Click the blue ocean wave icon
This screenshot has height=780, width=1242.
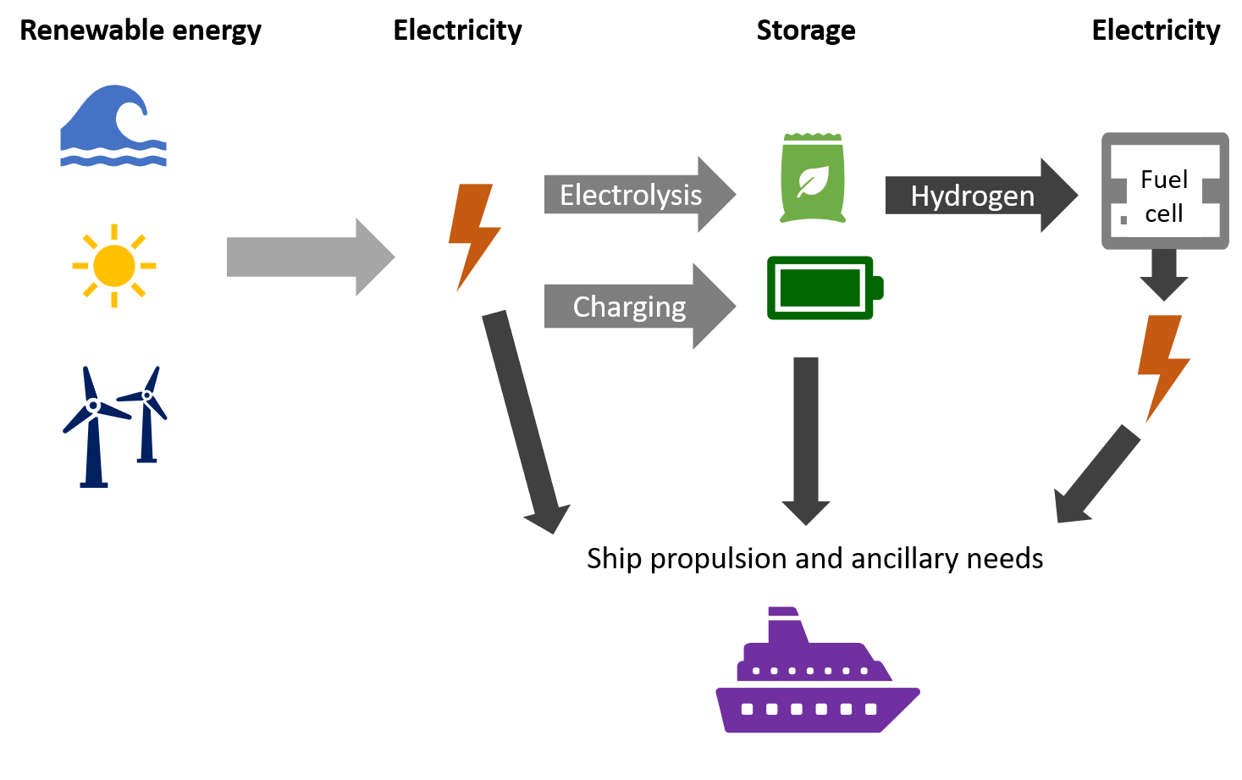(112, 127)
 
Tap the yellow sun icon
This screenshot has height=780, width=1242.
(114, 266)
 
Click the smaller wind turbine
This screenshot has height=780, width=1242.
(147, 415)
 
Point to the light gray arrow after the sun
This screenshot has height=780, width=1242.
(309, 257)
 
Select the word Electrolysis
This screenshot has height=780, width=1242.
(630, 196)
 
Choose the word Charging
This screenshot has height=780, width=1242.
(629, 307)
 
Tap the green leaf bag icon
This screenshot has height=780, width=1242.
(813, 179)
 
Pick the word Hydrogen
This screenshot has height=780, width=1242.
(972, 196)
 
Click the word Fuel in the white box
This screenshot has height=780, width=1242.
(1164, 180)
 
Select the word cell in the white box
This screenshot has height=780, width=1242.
(1164, 214)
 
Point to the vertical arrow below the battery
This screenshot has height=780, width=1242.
(806, 440)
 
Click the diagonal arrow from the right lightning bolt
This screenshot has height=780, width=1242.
(1096, 474)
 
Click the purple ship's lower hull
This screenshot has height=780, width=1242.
(813, 710)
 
